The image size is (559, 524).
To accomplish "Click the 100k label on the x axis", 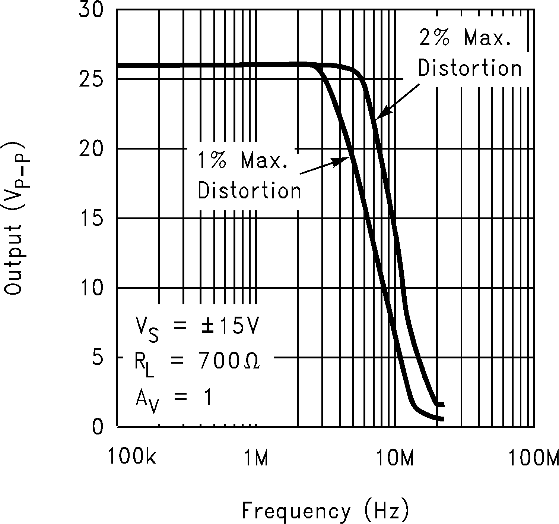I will (133, 458).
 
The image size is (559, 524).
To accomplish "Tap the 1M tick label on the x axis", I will (256, 458).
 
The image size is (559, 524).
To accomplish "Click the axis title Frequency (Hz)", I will (325, 511).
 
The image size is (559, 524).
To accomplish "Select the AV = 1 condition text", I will (174, 398).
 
